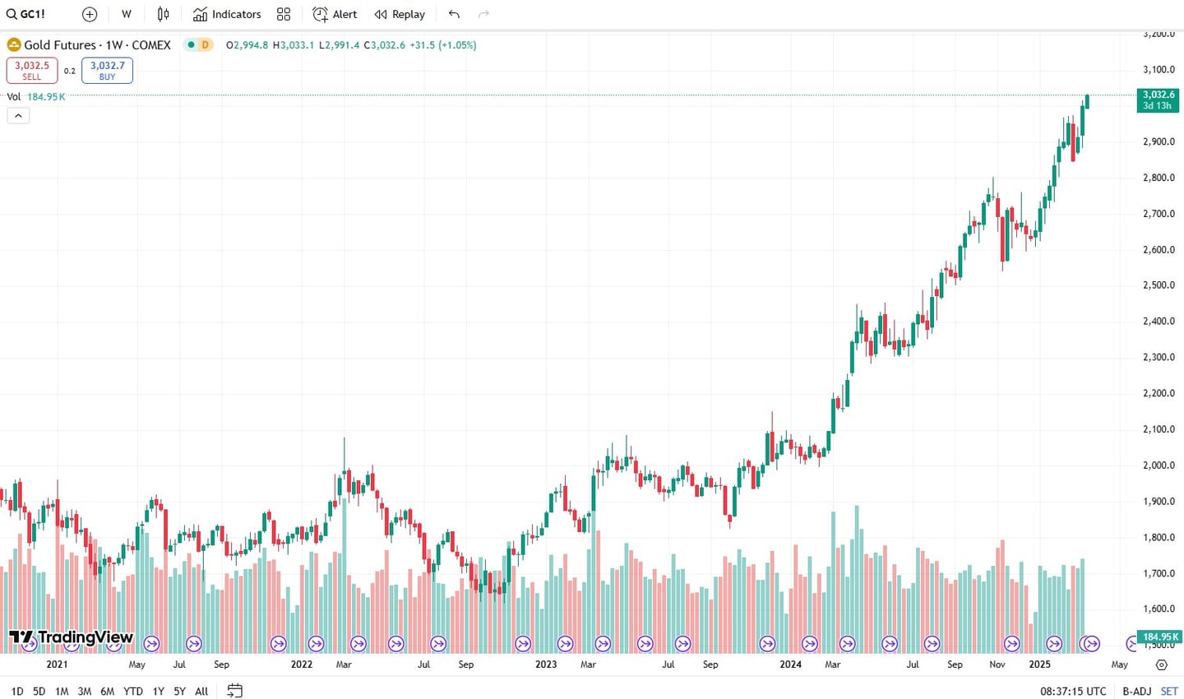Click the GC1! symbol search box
(26, 14)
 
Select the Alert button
(335, 14)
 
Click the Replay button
(400, 14)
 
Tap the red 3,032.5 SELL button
(32, 70)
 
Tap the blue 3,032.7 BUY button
(107, 70)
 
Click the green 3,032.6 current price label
(1158, 100)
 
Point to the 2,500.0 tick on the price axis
(1159, 285)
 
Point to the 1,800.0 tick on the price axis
(1159, 537)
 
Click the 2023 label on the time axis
(546, 664)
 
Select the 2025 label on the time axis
(1039, 664)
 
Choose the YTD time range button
(132, 692)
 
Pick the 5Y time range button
(179, 692)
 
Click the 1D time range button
(16, 692)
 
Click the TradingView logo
(71, 637)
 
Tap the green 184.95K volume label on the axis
(1159, 637)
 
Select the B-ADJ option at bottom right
(1136, 692)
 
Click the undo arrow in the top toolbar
(454, 14)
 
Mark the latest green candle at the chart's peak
(1087, 101)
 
